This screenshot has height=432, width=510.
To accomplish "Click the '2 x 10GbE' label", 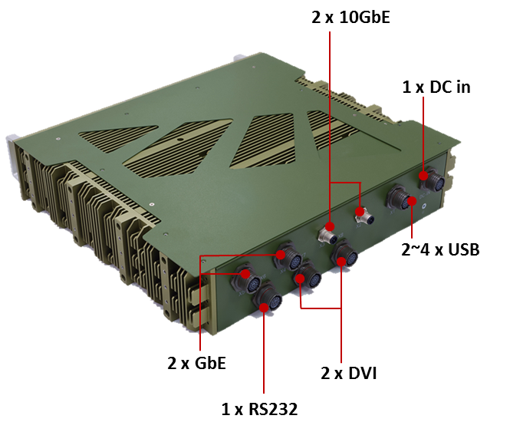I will pos(351,16).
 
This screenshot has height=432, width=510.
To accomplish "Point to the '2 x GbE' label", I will pos(196,362).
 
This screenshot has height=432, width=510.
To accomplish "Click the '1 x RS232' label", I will pos(259,409).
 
